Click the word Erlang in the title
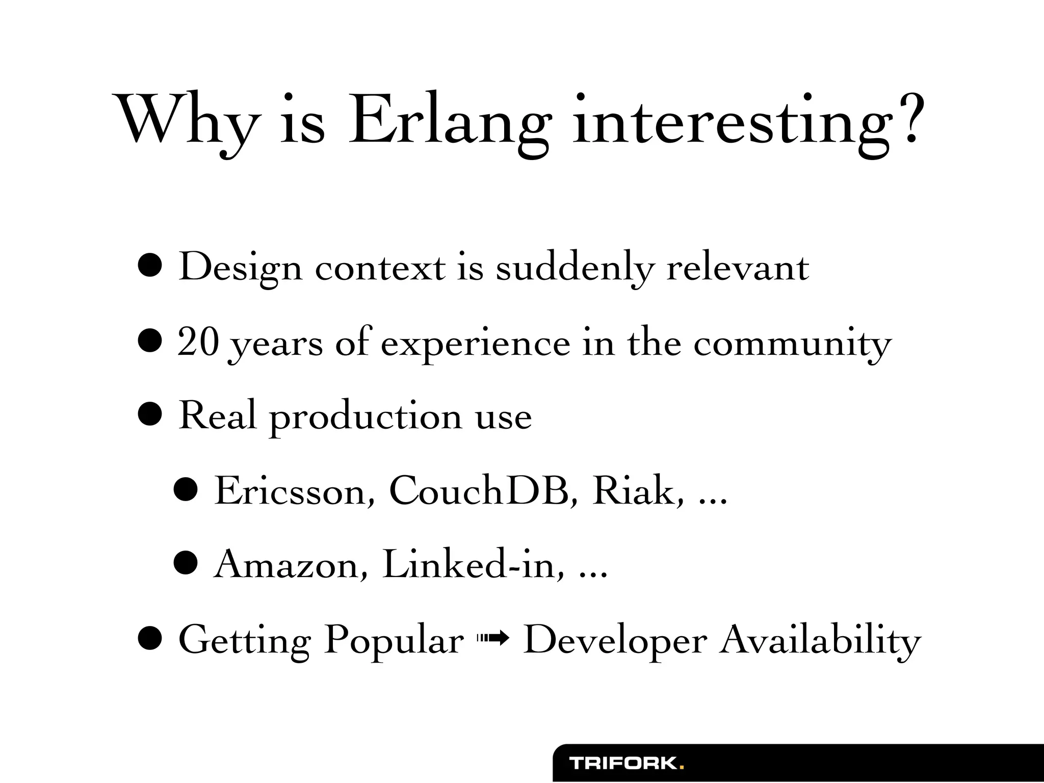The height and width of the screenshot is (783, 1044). (449, 122)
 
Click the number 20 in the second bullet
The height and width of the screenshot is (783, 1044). (198, 343)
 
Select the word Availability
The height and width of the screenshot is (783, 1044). (820, 640)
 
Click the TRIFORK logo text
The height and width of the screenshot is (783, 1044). (623, 763)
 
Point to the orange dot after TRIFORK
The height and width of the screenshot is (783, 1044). (682, 767)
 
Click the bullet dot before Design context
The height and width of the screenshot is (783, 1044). (150, 267)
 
